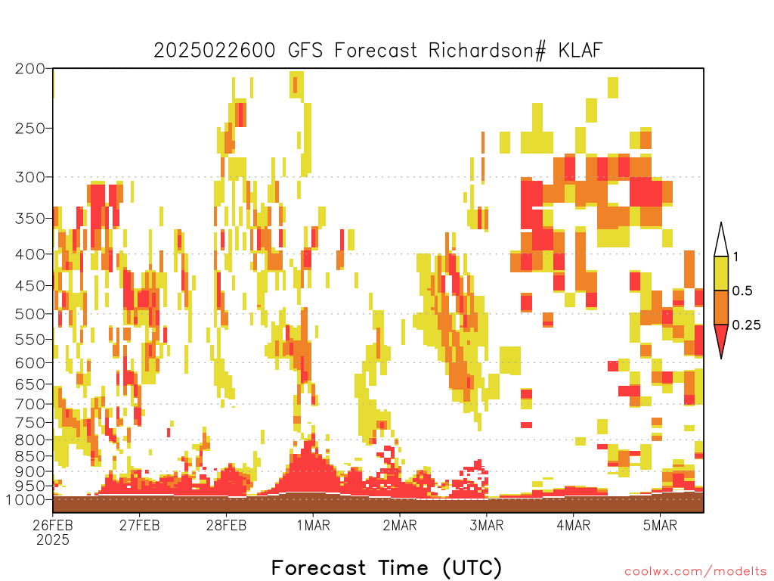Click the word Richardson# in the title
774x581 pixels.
pyautogui.click(x=487, y=51)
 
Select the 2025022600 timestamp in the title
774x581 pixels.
pyautogui.click(x=214, y=51)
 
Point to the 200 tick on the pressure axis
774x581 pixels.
pyautogui.click(x=29, y=69)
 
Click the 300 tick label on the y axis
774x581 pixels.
pyautogui.click(x=29, y=177)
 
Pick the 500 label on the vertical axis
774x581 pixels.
pyautogui.click(x=29, y=314)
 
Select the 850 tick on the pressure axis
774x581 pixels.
pyautogui.click(x=29, y=456)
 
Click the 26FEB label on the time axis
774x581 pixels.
pyautogui.click(x=52, y=525)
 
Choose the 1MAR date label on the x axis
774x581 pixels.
pyautogui.click(x=313, y=525)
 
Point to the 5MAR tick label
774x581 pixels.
pyautogui.click(x=660, y=525)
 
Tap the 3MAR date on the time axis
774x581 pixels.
pyautogui.click(x=486, y=525)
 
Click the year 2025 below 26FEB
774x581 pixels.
pyautogui.click(x=53, y=539)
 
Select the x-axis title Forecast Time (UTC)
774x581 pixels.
pyautogui.click(x=386, y=567)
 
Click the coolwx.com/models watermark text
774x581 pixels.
pyautogui.click(x=695, y=572)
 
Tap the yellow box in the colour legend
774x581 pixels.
pyautogui.click(x=721, y=273)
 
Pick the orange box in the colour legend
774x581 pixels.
pyautogui.click(x=721, y=307)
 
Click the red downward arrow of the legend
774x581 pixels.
pyautogui.click(x=721, y=338)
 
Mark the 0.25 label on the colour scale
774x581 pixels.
pyautogui.click(x=746, y=325)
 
